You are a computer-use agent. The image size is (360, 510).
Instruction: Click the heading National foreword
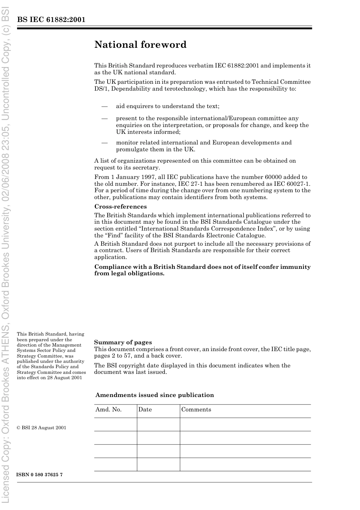tap(140, 45)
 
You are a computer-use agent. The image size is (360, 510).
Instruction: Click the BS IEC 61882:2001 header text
tap(51, 20)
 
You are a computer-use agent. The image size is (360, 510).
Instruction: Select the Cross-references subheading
tap(120, 207)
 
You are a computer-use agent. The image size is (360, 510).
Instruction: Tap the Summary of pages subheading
tap(123, 342)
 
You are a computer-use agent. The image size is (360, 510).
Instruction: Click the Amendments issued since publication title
tap(154, 395)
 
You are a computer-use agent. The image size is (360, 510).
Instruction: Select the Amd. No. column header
tap(108, 410)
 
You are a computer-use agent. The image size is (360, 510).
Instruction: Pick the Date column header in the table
tap(145, 410)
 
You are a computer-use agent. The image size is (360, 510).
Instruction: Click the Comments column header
tap(196, 410)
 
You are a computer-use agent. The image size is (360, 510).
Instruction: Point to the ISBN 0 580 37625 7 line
tap(39, 475)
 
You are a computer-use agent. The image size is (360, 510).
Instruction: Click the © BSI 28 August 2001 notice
tap(41, 428)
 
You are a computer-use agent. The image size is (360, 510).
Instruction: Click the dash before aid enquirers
tap(105, 106)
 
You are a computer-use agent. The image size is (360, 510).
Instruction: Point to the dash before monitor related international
tap(105, 143)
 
